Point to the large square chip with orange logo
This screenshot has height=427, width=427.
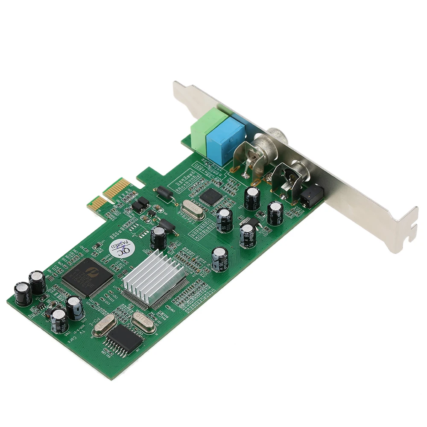click(x=88, y=277)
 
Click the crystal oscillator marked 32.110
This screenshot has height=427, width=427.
click(x=143, y=321)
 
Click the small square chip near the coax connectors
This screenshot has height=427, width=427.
click(x=210, y=196)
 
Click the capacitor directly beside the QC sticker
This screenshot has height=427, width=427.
click(x=159, y=237)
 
